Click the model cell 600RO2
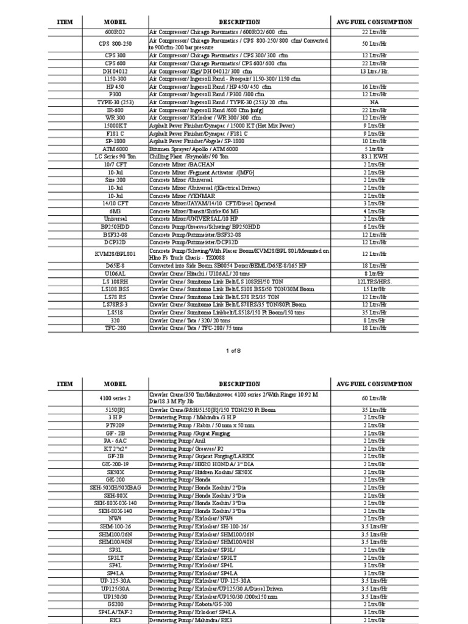pyautogui.click(x=115, y=32)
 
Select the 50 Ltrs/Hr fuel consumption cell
pyautogui.click(x=374, y=44)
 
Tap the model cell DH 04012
pyautogui.click(x=115, y=71)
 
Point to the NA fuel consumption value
pyautogui.click(x=374, y=102)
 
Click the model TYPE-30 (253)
pyautogui.click(x=115, y=102)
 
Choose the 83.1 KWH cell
pyautogui.click(x=374, y=157)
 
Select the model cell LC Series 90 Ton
pyautogui.click(x=115, y=157)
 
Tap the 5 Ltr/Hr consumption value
pyautogui.click(x=374, y=149)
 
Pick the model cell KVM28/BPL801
pyautogui.click(x=115, y=253)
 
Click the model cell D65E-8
pyautogui.click(x=115, y=266)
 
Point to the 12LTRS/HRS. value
pyautogui.click(x=374, y=282)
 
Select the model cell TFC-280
pyautogui.click(x=115, y=327)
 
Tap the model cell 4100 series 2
pyautogui.click(x=115, y=398)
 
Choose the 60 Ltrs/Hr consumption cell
pyautogui.click(x=374, y=398)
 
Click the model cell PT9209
pyautogui.click(x=115, y=425)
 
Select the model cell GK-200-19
pyautogui.click(x=115, y=464)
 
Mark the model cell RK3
pyautogui.click(x=115, y=619)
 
